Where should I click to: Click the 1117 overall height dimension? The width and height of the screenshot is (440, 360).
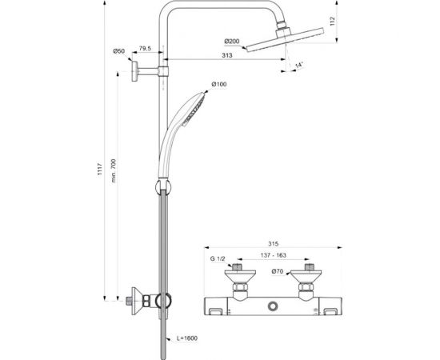click(100, 169)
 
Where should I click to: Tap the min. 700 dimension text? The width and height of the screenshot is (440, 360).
click(114, 170)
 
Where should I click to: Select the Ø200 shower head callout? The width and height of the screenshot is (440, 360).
click(232, 42)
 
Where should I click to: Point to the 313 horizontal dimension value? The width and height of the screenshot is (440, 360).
click(227, 55)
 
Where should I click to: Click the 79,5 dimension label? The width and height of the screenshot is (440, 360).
click(145, 48)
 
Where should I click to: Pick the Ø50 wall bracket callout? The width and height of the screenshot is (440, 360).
click(118, 51)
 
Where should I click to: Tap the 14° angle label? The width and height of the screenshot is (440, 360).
click(299, 65)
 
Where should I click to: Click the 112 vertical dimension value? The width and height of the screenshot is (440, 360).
click(333, 22)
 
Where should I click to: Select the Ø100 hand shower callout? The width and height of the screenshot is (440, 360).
click(219, 84)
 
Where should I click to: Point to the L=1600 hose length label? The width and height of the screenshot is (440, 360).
click(187, 338)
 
